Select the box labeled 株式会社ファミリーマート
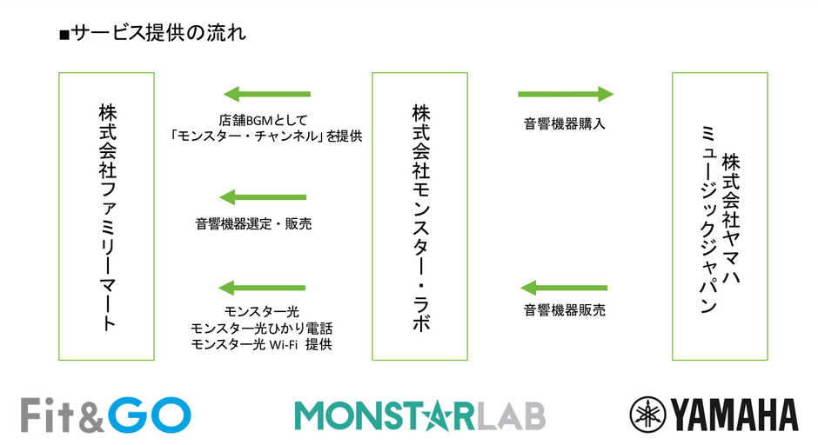106,216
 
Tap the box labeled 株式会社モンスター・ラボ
420,216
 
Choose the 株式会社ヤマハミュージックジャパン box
720,216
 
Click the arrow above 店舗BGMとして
266,94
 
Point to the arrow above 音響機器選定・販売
263,197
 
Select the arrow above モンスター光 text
263,288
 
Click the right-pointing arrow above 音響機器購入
566,94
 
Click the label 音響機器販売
564,309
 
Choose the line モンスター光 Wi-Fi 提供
261,345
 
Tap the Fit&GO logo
105,414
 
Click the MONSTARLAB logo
419,415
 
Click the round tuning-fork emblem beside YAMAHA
647,415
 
